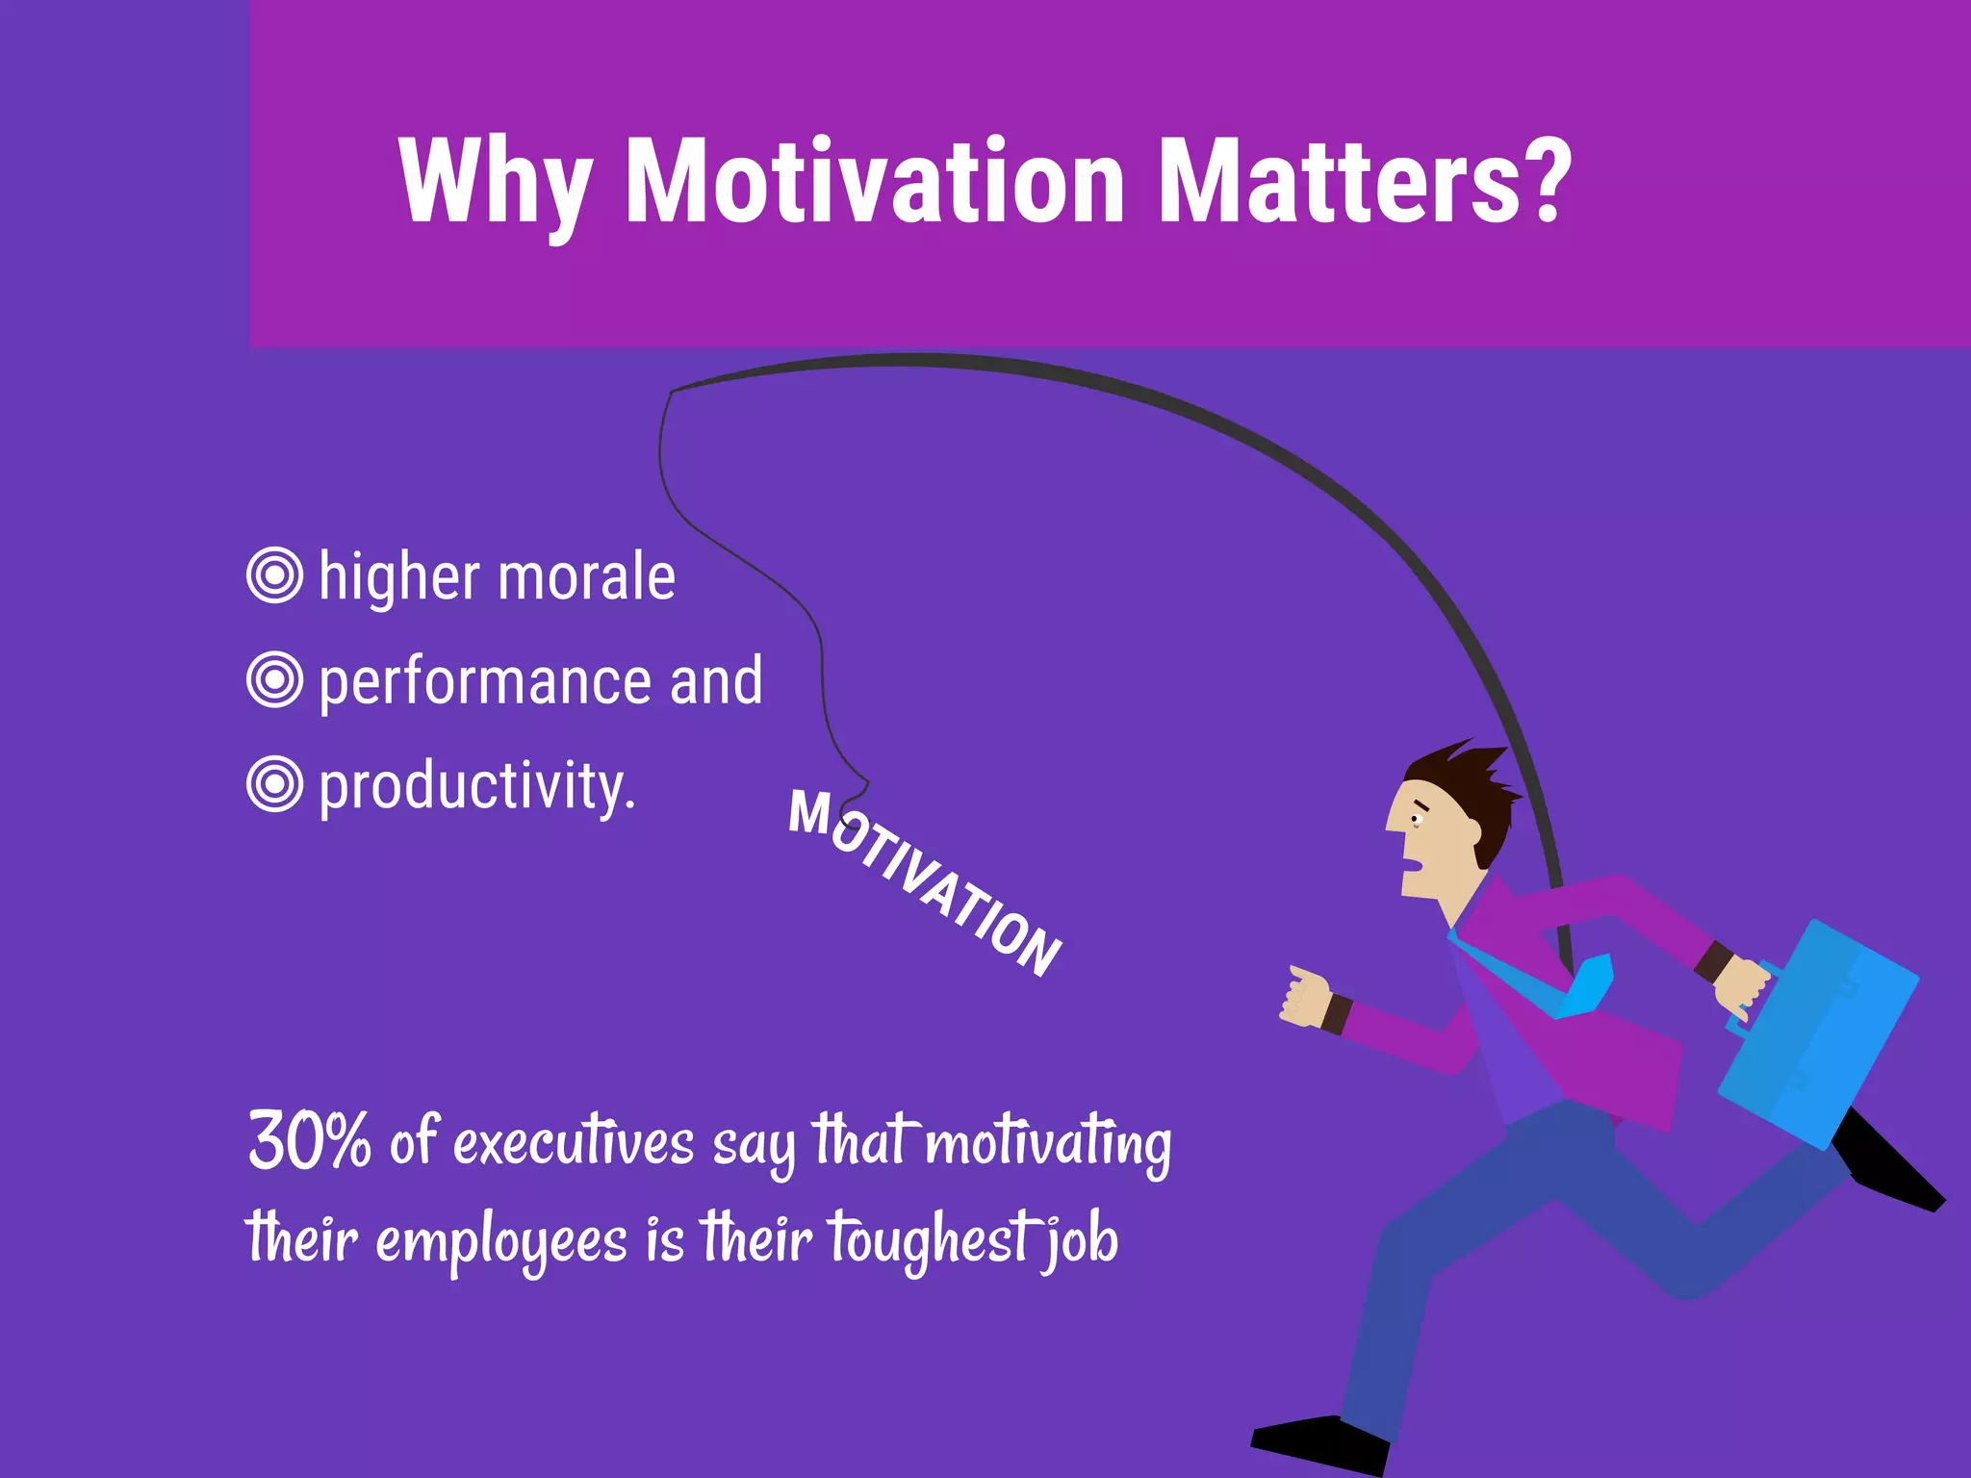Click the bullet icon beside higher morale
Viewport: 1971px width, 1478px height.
tap(275, 575)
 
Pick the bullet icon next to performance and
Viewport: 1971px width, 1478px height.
tap(275, 679)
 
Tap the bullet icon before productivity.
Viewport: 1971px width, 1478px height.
tap(275, 784)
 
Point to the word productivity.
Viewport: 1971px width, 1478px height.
tap(476, 787)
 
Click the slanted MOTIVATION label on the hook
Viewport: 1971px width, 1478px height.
tap(924, 880)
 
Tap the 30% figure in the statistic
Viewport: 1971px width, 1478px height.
tap(309, 1141)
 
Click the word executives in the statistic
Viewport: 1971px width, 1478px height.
tap(574, 1143)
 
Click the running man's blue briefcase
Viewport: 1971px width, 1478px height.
tap(1819, 1034)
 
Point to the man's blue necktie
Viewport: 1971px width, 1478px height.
tap(1578, 986)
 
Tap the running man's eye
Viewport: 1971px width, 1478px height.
tap(1416, 819)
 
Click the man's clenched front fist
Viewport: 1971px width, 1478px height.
tap(1305, 997)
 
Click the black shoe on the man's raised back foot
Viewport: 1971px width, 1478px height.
tap(1891, 1169)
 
